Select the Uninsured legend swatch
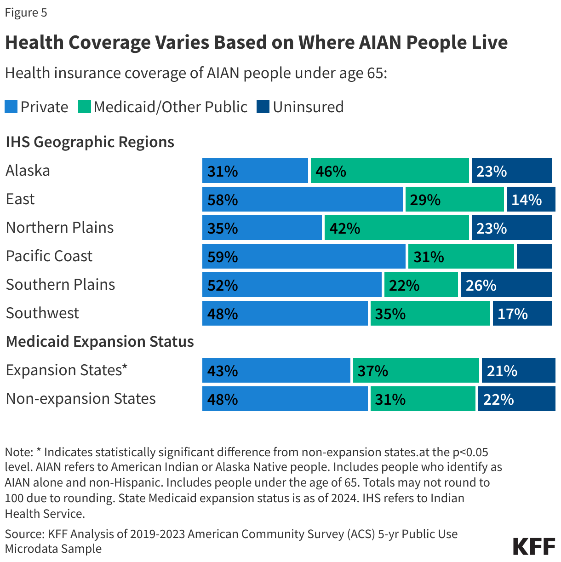coord(263,107)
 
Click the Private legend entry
coord(37,107)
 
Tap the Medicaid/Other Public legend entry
coord(163,107)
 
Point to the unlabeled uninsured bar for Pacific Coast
coord(534,256)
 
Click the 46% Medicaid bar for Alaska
coord(389,171)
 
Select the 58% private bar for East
coord(302,199)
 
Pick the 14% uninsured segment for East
coord(531,199)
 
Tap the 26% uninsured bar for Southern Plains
coord(506,285)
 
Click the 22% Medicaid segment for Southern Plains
coord(421,285)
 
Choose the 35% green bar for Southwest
coord(430,313)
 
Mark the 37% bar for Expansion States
coord(416,370)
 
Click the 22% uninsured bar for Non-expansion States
coord(516,399)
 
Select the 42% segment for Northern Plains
coord(396,228)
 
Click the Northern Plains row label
coord(60,228)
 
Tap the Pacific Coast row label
coord(49,256)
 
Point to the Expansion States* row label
coord(67,370)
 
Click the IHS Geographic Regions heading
coord(90,142)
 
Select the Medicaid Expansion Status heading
coord(100,342)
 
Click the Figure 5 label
coord(26,12)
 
